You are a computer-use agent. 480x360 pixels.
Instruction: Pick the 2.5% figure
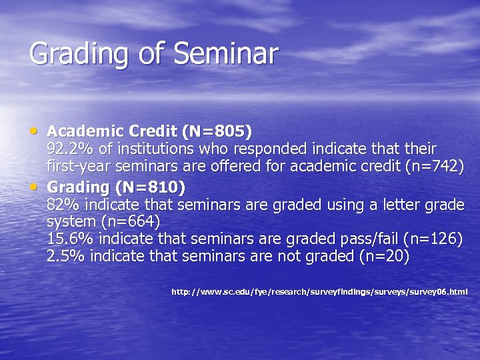click(65, 256)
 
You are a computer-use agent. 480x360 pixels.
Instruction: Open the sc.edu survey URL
click(319, 291)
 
